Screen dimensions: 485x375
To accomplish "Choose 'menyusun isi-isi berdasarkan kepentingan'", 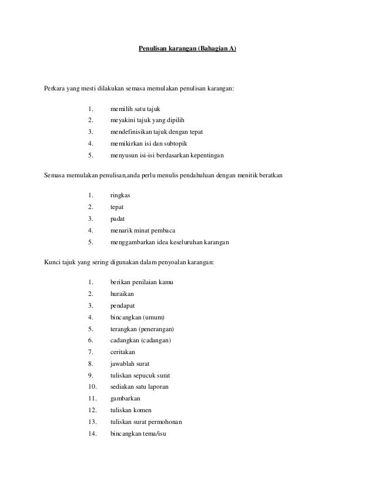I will tap(167, 156).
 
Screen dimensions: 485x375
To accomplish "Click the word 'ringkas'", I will tap(120, 195).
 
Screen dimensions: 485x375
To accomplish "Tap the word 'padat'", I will tap(118, 218).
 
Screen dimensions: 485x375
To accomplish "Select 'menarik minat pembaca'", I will tap(142, 230).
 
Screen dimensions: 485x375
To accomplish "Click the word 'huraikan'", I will tap(122, 294).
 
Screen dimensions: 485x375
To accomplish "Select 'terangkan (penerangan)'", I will tap(142, 328).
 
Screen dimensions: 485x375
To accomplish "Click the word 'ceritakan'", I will tap(122, 352).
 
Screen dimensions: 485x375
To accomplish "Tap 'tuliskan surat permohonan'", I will tap(146, 422).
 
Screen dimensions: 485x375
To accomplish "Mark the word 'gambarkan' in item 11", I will tap(125, 399).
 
